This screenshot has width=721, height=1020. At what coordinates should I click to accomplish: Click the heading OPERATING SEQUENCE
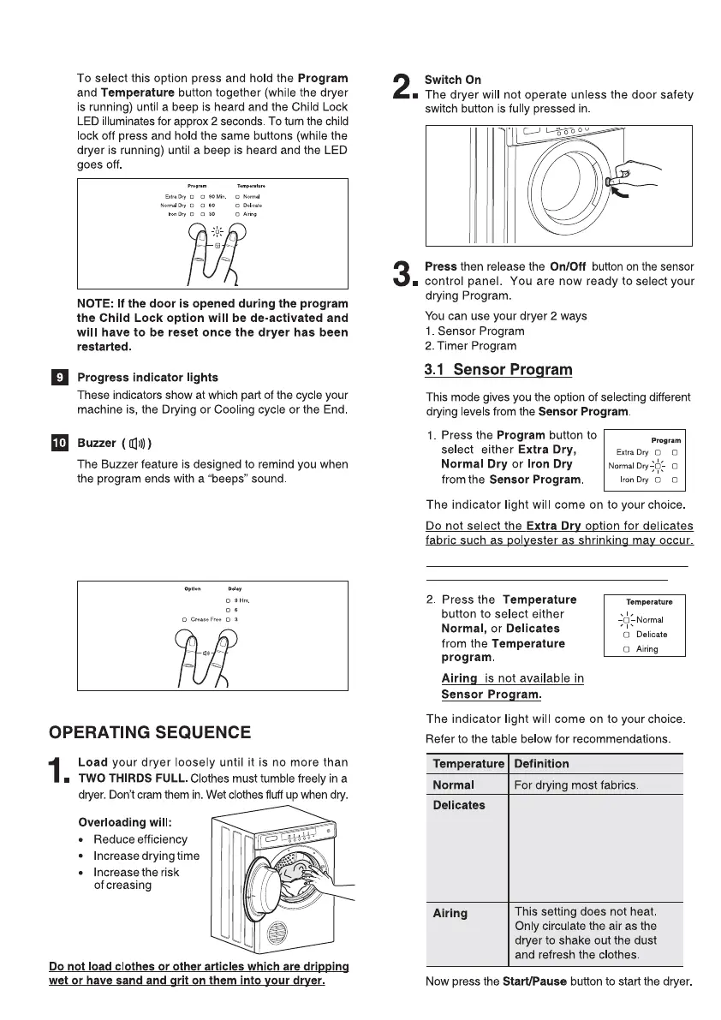coord(150,732)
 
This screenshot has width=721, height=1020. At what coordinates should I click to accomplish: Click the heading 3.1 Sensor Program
coord(498,370)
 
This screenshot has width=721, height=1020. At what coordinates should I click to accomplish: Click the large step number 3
coord(402,276)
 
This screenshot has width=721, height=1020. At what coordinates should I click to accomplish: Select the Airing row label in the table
coord(450,913)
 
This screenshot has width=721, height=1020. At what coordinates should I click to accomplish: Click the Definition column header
coord(541,763)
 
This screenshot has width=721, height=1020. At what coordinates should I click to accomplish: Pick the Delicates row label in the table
coord(459,805)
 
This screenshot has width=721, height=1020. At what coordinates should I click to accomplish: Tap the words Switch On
coord(453,80)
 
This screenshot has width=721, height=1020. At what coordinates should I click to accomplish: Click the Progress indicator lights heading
coord(147,378)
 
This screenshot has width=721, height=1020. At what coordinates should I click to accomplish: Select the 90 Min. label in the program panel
coord(222,197)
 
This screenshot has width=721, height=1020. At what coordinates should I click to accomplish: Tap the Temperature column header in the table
coord(468,763)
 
